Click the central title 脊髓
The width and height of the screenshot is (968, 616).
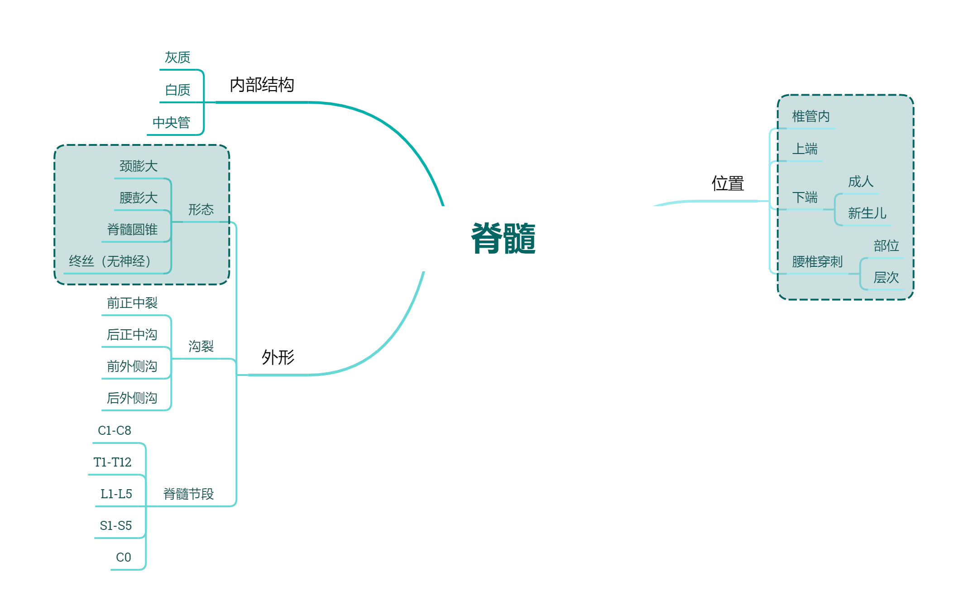tap(503, 238)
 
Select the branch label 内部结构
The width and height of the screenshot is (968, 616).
tap(262, 85)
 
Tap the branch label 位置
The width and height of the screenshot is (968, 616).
tap(728, 183)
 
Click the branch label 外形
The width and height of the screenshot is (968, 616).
tap(278, 357)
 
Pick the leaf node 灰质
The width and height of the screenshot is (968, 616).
tap(177, 58)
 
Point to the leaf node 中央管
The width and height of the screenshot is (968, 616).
tap(171, 122)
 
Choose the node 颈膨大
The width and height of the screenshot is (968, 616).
tap(138, 166)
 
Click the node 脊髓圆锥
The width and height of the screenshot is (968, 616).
tap(132, 230)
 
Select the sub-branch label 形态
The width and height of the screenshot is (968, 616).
tap(201, 209)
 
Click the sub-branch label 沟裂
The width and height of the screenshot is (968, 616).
tap(201, 346)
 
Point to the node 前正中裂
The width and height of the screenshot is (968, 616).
tap(132, 303)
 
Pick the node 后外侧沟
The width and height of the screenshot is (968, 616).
tap(132, 398)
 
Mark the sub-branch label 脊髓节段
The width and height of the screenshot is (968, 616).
tap(188, 494)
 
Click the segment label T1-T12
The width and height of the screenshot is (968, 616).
tap(112, 462)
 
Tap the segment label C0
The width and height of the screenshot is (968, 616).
tap(123, 557)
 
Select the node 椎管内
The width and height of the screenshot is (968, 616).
tap(810, 116)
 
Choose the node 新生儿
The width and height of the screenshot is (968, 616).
tap(867, 213)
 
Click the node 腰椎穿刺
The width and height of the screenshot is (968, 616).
tap(817, 261)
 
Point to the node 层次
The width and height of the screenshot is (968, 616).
tap(886, 277)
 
